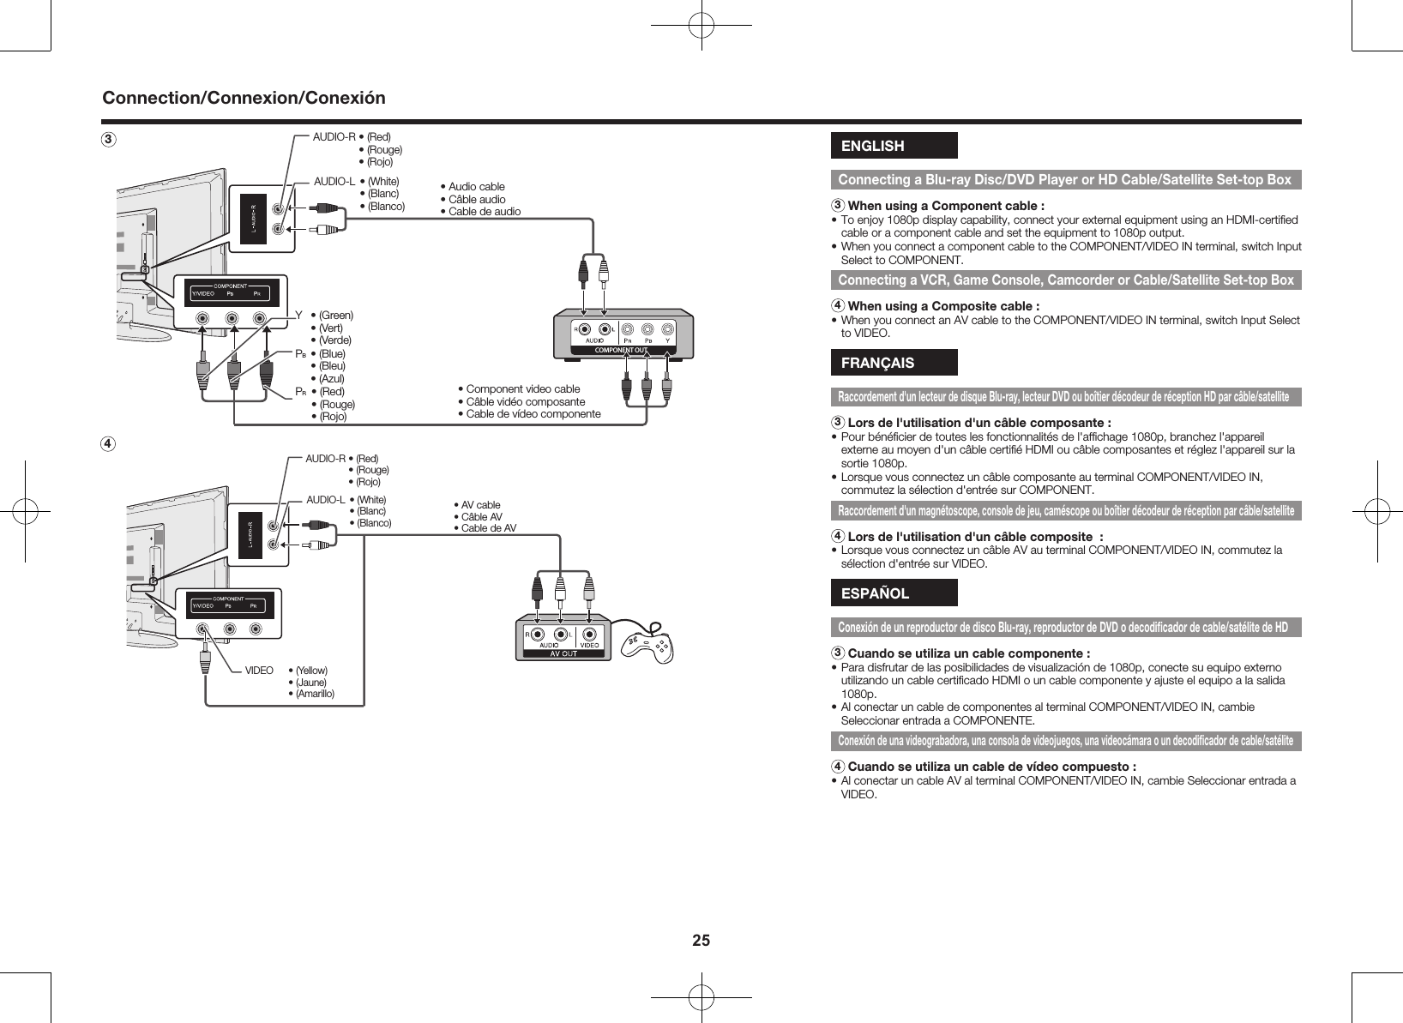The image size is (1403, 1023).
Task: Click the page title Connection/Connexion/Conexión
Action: pyautogui.click(x=244, y=98)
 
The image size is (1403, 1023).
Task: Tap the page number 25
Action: pyautogui.click(x=701, y=940)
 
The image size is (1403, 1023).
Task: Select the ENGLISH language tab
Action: pyautogui.click(x=893, y=146)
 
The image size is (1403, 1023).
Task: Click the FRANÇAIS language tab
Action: pyautogui.click(x=893, y=363)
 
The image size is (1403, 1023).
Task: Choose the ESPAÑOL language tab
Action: pyautogui.click(x=893, y=593)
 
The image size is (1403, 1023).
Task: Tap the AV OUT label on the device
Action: pyautogui.click(x=563, y=653)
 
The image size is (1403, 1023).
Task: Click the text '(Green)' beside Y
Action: pyautogui.click(x=335, y=315)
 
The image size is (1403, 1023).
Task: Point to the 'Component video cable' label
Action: pyautogui.click(x=522, y=389)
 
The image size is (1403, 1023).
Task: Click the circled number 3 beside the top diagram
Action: pyautogui.click(x=108, y=139)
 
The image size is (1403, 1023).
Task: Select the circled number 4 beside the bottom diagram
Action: pyautogui.click(x=108, y=444)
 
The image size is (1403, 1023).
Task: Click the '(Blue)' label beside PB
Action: pyautogui.click(x=332, y=353)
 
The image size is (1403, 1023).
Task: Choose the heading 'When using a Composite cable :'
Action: pyautogui.click(x=943, y=306)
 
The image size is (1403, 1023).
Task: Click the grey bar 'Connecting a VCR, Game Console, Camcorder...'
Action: pyautogui.click(x=1065, y=280)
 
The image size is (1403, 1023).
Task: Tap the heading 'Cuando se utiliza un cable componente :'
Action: pyautogui.click(x=968, y=654)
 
